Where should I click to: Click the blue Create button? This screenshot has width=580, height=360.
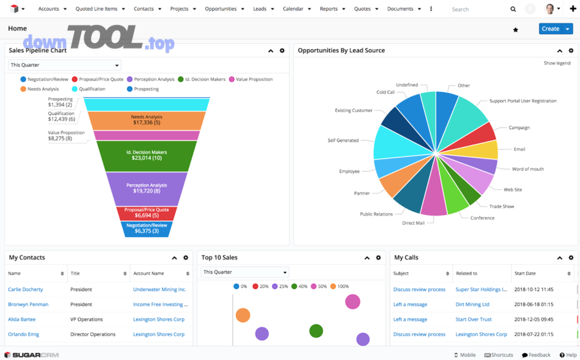click(x=550, y=29)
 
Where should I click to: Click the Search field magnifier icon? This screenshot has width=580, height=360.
click(x=513, y=10)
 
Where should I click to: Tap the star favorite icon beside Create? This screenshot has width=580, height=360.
click(x=516, y=30)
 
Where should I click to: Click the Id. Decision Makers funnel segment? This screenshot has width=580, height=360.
click(x=146, y=155)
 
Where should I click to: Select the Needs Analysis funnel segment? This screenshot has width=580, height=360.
click(x=146, y=120)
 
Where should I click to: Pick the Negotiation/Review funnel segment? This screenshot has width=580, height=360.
click(x=146, y=228)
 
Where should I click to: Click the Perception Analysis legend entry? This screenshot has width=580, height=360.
click(x=154, y=79)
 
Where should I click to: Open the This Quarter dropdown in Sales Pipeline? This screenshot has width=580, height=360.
click(x=64, y=65)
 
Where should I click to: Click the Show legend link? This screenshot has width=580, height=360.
click(x=557, y=63)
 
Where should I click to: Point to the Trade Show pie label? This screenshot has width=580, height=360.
click(x=501, y=207)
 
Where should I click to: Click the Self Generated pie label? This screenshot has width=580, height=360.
click(x=343, y=140)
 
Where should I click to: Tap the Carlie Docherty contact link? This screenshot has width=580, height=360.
click(x=26, y=290)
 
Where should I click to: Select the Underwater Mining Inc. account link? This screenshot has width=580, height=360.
click(x=159, y=290)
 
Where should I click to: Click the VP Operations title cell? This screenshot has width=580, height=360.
click(x=86, y=319)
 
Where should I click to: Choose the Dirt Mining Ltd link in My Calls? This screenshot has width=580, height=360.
click(x=472, y=305)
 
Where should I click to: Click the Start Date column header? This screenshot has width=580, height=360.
click(x=525, y=274)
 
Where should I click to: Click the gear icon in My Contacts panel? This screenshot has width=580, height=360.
click(x=186, y=258)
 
